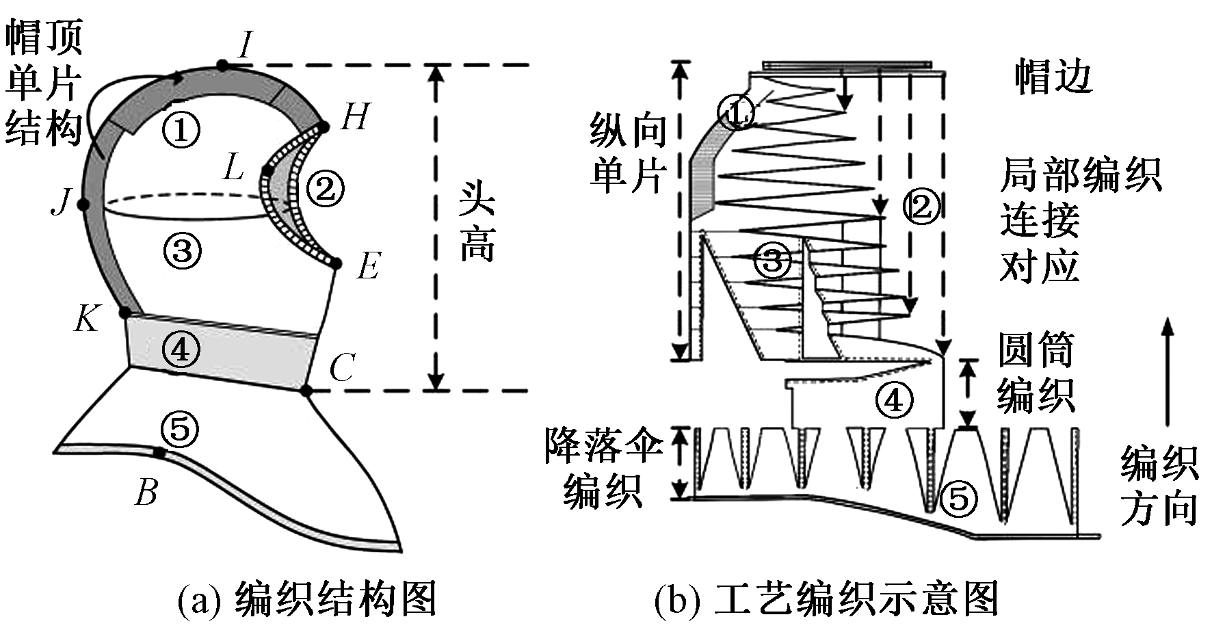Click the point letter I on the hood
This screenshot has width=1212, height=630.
[245, 47]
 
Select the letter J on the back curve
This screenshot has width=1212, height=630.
[61, 202]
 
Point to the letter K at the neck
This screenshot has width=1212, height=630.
[87, 319]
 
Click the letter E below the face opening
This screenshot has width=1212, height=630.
[368, 267]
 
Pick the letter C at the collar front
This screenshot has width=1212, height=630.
[341, 369]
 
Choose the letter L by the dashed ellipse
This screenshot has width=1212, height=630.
[233, 167]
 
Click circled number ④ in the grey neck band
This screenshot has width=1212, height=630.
[181, 350]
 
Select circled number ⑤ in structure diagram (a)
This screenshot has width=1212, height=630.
[180, 430]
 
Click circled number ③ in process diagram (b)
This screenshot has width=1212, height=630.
[772, 261]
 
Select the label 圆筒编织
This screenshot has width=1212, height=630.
[1036, 373]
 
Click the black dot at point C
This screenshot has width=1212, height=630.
[306, 391]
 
